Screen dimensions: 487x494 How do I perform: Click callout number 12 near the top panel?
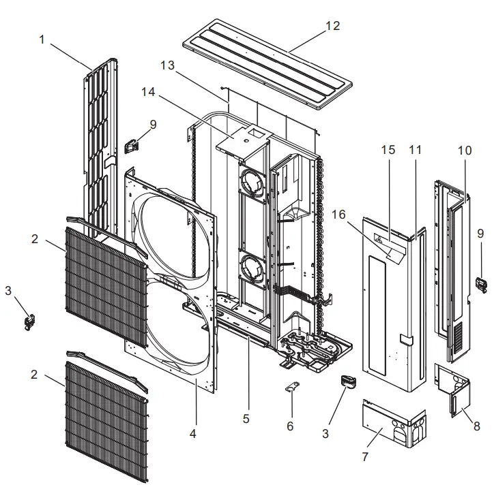click(x=332, y=26)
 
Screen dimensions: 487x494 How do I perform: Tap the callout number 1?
click(x=42, y=40)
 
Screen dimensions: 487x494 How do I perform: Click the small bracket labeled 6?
click(x=291, y=388)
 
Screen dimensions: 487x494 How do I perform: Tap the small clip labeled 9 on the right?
click(x=482, y=282)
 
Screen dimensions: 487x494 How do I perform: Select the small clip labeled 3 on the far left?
click(x=30, y=321)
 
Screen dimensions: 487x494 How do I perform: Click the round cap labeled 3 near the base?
click(x=347, y=382)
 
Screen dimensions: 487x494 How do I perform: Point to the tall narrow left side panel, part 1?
click(x=99, y=143)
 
